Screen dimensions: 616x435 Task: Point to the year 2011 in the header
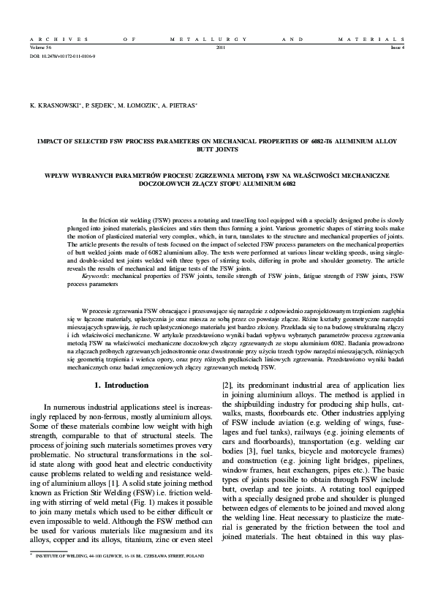(x=222, y=47)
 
